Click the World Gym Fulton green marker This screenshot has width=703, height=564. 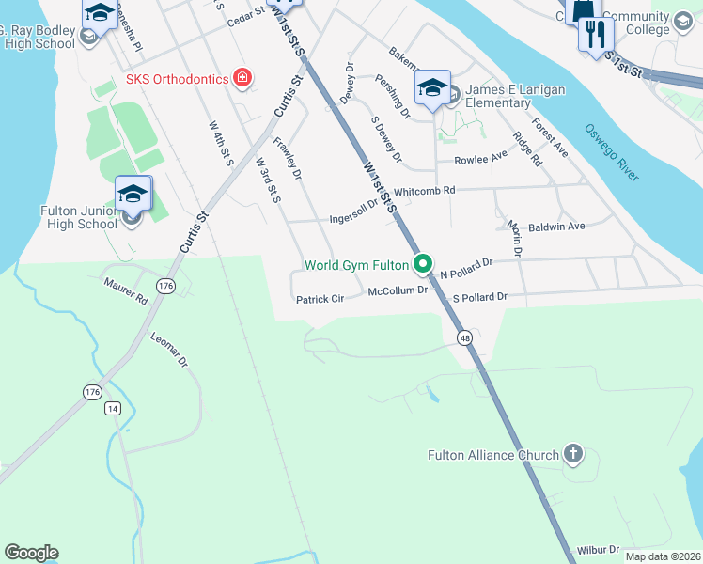423,263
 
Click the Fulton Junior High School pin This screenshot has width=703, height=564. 133,195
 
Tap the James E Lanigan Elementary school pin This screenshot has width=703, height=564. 432,89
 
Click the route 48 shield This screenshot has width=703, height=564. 465,337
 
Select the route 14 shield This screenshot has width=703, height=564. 113,408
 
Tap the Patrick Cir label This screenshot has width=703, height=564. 321,300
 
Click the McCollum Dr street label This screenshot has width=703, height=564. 398,291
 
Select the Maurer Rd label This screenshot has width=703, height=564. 129,290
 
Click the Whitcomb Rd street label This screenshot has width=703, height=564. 424,190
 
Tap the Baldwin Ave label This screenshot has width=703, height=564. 556,227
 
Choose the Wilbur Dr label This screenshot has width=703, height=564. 599,549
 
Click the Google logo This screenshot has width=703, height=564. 31,553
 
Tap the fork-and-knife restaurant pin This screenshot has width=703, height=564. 595,34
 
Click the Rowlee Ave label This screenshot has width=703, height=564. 480,160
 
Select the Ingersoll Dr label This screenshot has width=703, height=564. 353,218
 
